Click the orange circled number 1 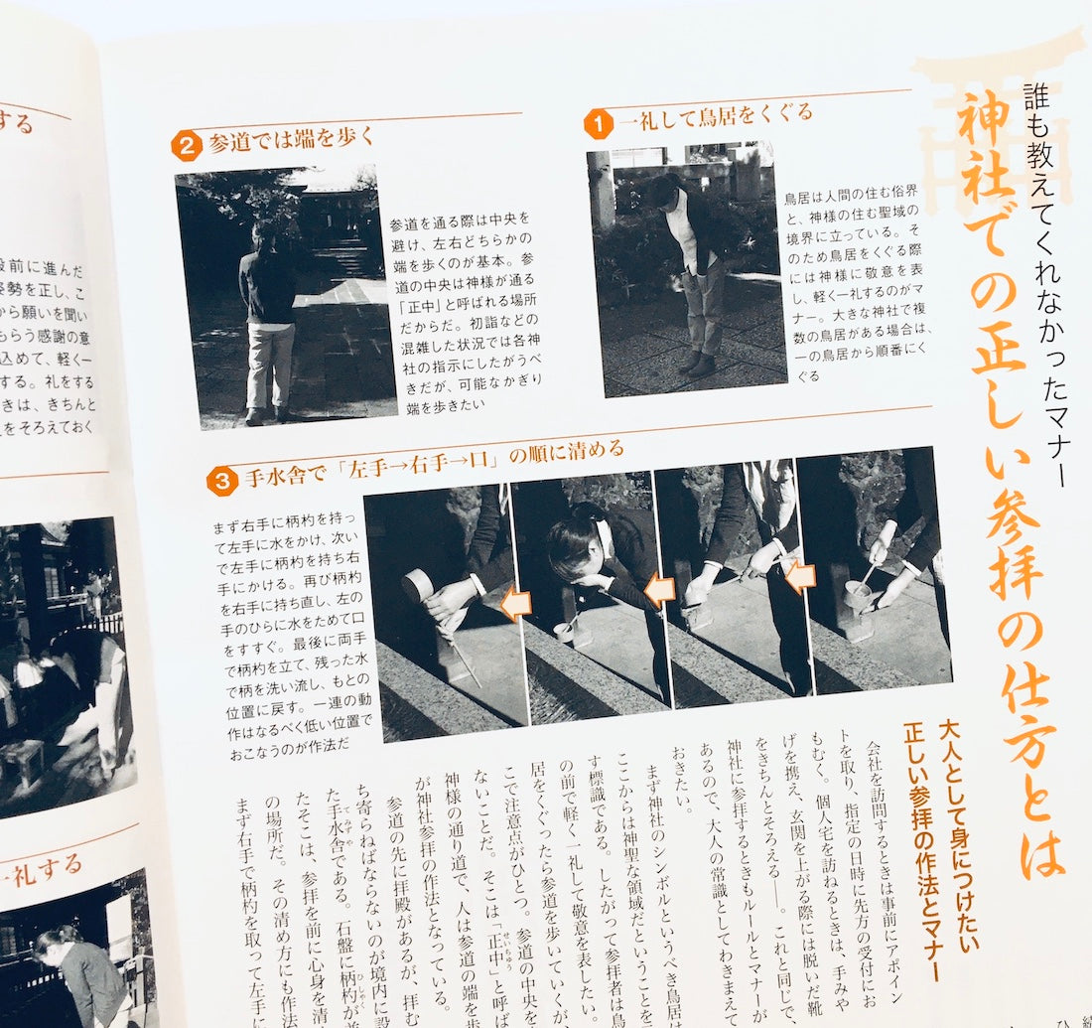(x=598, y=125)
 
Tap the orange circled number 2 (x=186, y=145)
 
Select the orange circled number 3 (x=221, y=481)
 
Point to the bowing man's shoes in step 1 (x=697, y=363)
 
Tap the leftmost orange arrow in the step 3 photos (x=515, y=604)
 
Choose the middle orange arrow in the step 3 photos (x=660, y=591)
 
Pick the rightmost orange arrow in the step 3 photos (x=799, y=576)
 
